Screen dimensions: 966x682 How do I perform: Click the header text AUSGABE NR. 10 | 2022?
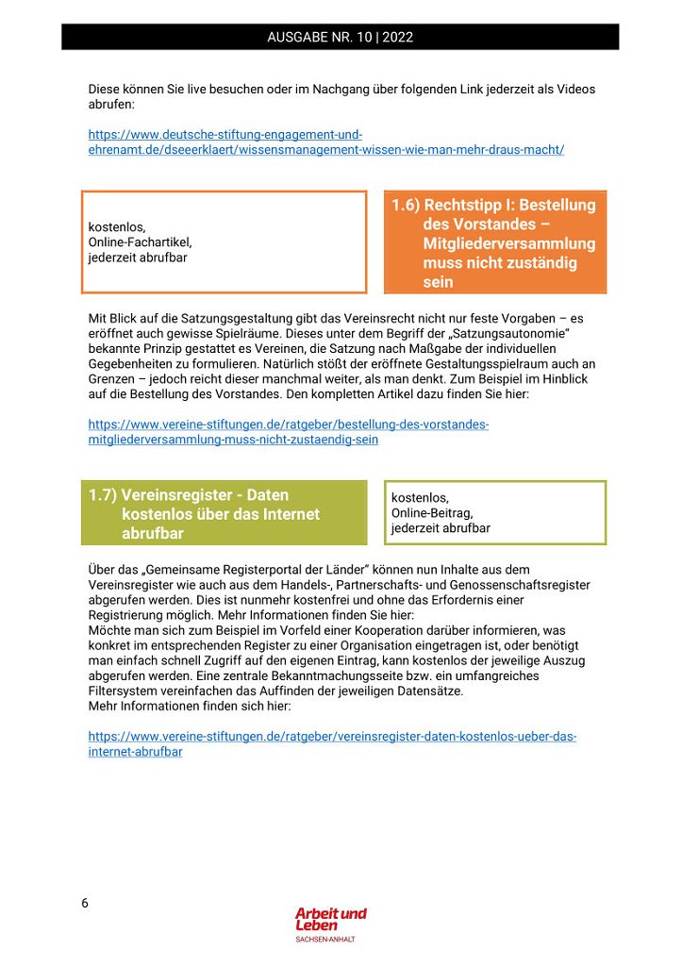340,38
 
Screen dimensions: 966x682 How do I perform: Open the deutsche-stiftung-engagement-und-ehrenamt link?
325,142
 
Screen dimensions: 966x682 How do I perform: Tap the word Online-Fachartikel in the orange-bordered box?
140,242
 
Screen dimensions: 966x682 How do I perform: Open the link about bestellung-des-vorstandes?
288,432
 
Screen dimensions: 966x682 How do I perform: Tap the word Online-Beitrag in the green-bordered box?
432,513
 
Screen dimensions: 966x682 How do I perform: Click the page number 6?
85,903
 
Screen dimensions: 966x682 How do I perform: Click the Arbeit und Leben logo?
330,919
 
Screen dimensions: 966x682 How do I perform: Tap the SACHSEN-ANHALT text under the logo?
325,940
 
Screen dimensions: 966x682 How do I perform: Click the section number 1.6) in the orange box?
406,206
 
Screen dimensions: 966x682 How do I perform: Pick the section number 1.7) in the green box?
103,495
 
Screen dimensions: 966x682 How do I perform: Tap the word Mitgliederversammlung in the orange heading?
509,243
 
